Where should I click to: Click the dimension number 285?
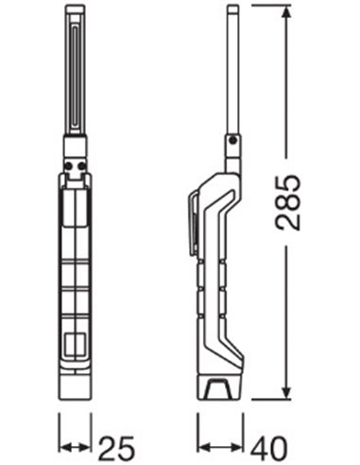coord(288,202)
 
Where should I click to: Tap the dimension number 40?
coord(268,448)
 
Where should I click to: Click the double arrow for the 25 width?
coord(75,447)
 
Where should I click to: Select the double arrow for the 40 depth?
coord(220,447)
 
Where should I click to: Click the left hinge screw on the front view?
coord(68,165)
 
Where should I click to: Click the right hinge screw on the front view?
coord(82,165)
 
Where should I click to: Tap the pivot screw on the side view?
coord(232,140)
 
